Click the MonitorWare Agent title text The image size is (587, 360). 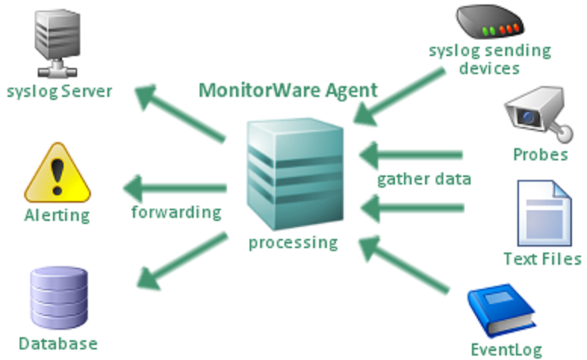pyautogui.click(x=287, y=91)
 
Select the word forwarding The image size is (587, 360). pyautogui.click(x=175, y=212)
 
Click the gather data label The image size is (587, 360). pyautogui.click(x=424, y=180)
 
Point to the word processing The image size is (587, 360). pyautogui.click(x=293, y=243)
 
